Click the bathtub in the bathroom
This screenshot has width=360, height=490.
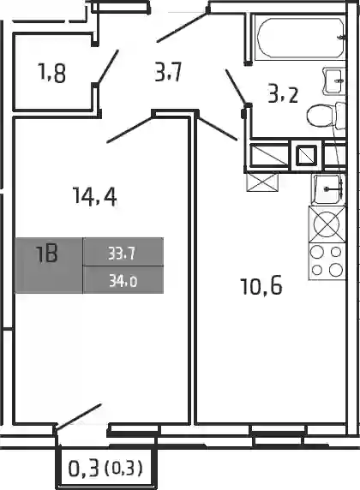(x=300, y=37)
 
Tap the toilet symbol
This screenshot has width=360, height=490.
(x=325, y=117)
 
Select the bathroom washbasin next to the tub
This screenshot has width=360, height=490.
(x=334, y=81)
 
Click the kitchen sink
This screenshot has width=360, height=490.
(x=328, y=189)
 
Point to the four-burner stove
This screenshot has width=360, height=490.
(x=327, y=261)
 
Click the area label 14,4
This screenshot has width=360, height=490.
(x=94, y=196)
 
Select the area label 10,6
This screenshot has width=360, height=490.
(x=261, y=287)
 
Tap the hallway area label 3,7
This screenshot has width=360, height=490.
(x=168, y=72)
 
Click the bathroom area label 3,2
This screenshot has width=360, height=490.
(x=283, y=95)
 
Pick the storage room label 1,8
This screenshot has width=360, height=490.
(x=51, y=73)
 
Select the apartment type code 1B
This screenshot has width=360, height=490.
(x=47, y=254)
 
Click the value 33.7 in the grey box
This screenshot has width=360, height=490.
(x=122, y=254)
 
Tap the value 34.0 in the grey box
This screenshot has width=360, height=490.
(x=123, y=282)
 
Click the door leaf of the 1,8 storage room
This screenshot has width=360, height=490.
(x=108, y=67)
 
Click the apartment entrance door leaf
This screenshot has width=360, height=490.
(x=183, y=27)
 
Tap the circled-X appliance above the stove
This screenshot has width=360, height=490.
(x=327, y=224)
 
